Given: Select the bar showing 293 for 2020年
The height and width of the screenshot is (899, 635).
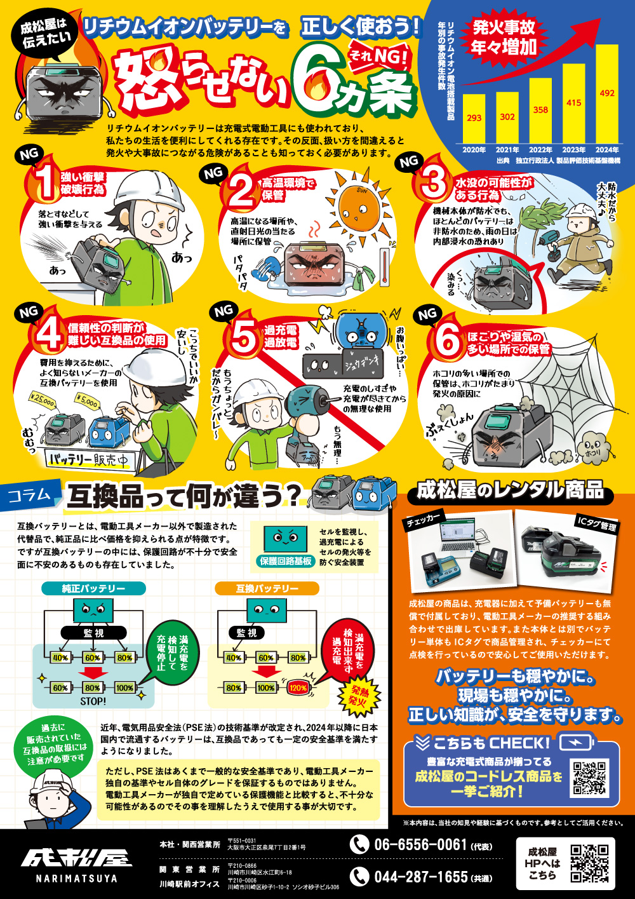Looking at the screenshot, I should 474,119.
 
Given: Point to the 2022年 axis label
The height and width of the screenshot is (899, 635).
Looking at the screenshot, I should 540,151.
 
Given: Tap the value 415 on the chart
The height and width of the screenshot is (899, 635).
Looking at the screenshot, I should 573,102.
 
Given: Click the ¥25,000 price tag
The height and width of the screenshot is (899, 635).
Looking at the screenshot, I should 43,400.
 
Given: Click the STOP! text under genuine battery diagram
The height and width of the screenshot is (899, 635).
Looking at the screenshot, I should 93,701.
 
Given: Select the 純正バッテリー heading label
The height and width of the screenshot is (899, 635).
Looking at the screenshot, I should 93,589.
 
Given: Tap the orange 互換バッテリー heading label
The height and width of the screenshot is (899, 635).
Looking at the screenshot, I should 267,589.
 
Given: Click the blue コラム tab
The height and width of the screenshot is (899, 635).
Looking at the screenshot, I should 30,495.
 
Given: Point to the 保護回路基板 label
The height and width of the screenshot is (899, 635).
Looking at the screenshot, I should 286,561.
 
